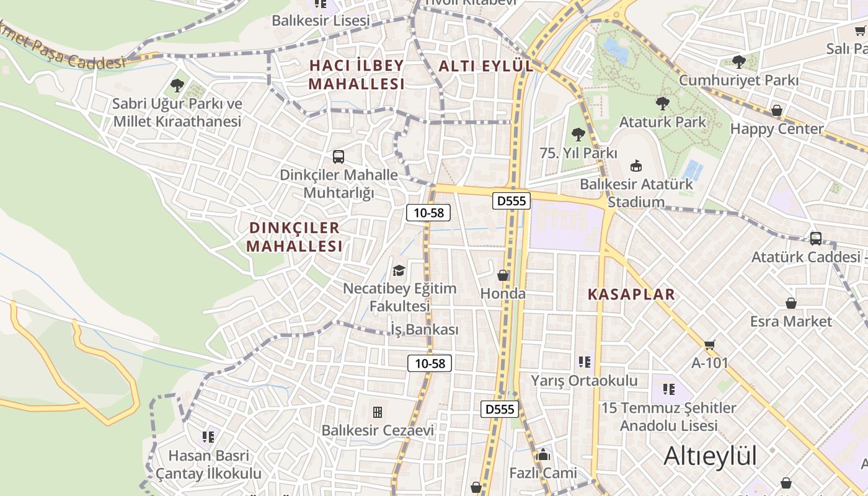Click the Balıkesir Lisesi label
(x=321, y=20)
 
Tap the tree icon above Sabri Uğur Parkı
(x=177, y=86)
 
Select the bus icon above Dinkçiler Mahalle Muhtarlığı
(x=339, y=157)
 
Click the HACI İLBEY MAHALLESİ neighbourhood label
(x=356, y=74)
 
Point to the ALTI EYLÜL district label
(x=485, y=66)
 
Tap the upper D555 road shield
(x=511, y=200)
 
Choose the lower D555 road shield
(x=500, y=409)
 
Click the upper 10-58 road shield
(x=428, y=213)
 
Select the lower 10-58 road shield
(x=429, y=363)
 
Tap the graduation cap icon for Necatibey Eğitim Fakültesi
(x=399, y=271)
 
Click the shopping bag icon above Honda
(x=503, y=275)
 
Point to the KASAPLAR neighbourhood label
(x=631, y=294)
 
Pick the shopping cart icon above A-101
(x=710, y=345)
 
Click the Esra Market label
(x=790, y=321)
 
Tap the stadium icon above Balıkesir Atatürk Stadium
(x=636, y=166)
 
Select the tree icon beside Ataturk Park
(x=663, y=103)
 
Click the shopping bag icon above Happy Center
(x=776, y=111)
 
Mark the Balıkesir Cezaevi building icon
(x=377, y=412)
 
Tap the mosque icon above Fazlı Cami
(x=543, y=455)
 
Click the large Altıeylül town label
(x=710, y=456)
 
